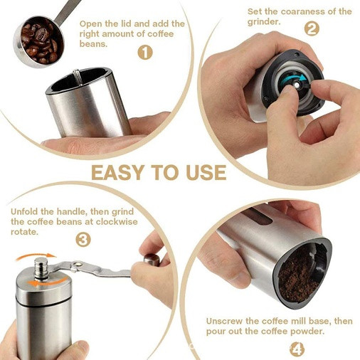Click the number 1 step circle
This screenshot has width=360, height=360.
(x=145, y=53)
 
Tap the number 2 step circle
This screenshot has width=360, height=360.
(x=312, y=28)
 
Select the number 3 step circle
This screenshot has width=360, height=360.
(x=83, y=240)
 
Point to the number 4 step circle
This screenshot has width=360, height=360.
(x=297, y=349)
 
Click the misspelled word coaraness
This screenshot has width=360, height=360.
(x=301, y=11)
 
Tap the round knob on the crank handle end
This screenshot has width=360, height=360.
(x=152, y=260)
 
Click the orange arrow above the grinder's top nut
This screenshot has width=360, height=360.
(x=36, y=257)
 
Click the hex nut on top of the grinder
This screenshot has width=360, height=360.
(x=41, y=268)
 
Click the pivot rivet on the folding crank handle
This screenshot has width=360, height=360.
(x=78, y=263)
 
